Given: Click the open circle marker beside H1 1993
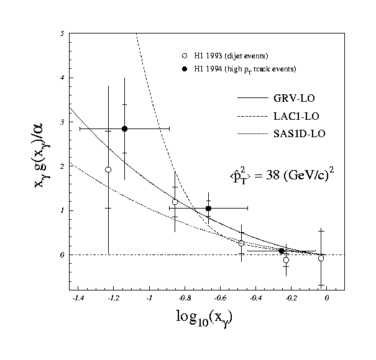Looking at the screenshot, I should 179,55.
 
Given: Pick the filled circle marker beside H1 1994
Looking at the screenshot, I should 179,67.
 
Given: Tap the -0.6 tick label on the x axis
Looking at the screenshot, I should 220,298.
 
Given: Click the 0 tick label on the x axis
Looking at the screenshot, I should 327,298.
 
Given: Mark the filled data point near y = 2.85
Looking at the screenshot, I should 124,128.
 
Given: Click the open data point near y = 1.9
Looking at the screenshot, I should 108,169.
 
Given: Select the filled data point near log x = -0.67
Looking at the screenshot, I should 208,208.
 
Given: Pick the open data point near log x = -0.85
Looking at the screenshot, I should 175,202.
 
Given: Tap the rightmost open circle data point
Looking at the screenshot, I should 321,258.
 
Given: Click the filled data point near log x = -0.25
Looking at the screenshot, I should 282,251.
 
